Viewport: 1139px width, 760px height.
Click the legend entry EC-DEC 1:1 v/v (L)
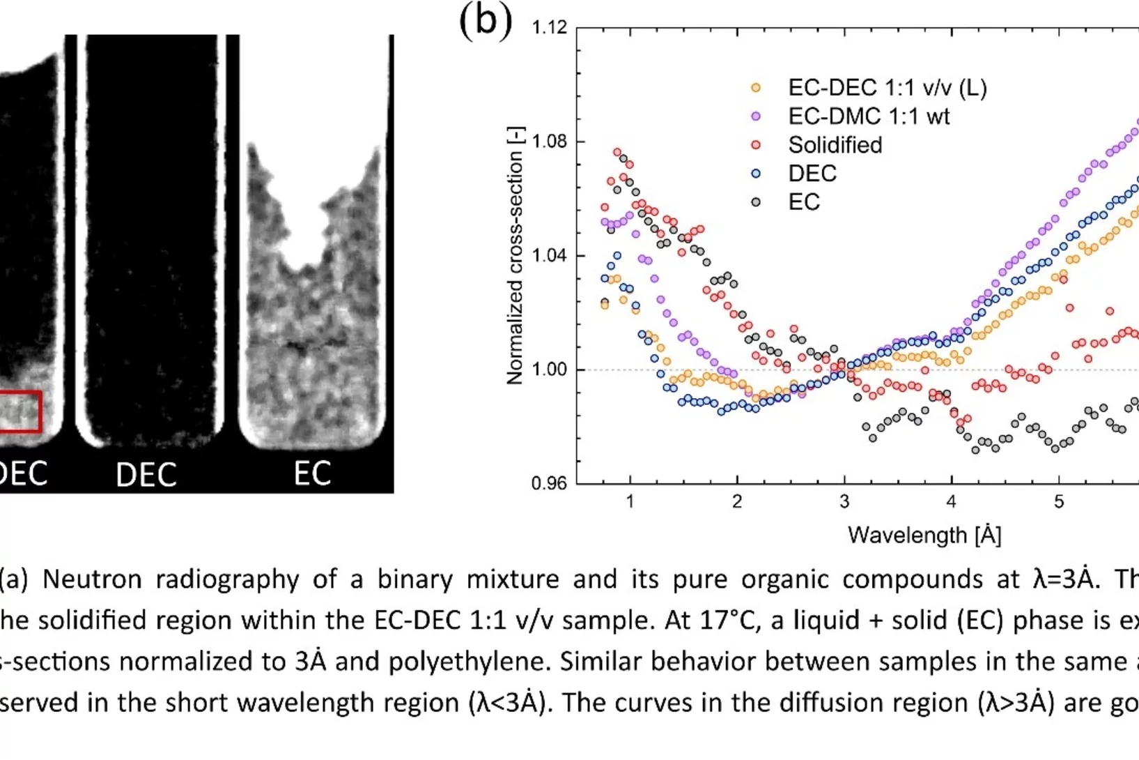pos(886,88)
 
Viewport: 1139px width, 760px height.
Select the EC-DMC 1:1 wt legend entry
pos(868,116)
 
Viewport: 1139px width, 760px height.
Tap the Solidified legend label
pos(835,145)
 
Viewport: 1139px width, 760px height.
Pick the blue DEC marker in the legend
pos(756,174)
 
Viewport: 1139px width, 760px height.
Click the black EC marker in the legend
pos(756,202)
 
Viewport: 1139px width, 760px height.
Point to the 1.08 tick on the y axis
pos(549,142)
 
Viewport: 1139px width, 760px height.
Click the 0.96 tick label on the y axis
pos(549,483)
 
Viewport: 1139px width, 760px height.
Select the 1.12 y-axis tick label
pos(549,28)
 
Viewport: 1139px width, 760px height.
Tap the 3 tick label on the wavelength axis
pos(844,502)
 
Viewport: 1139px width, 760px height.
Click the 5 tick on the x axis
pos(1058,502)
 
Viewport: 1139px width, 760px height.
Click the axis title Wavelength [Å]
pos(924,535)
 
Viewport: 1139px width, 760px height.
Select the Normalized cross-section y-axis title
pos(515,256)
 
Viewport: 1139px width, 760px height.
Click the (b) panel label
pos(486,20)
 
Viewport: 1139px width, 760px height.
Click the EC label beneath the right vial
pos(311,474)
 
